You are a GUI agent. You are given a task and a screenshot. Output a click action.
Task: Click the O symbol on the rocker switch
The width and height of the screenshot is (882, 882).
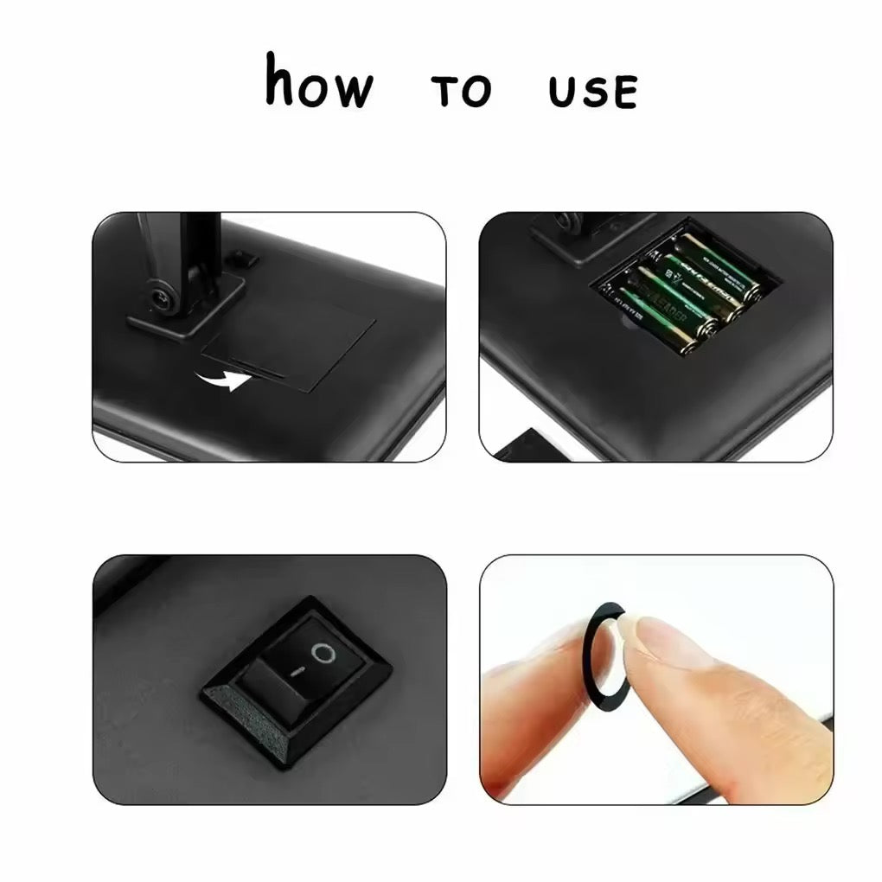323,653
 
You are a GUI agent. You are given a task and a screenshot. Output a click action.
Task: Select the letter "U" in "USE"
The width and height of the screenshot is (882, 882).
562,92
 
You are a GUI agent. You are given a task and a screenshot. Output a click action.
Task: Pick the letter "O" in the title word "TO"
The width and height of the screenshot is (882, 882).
476,92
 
